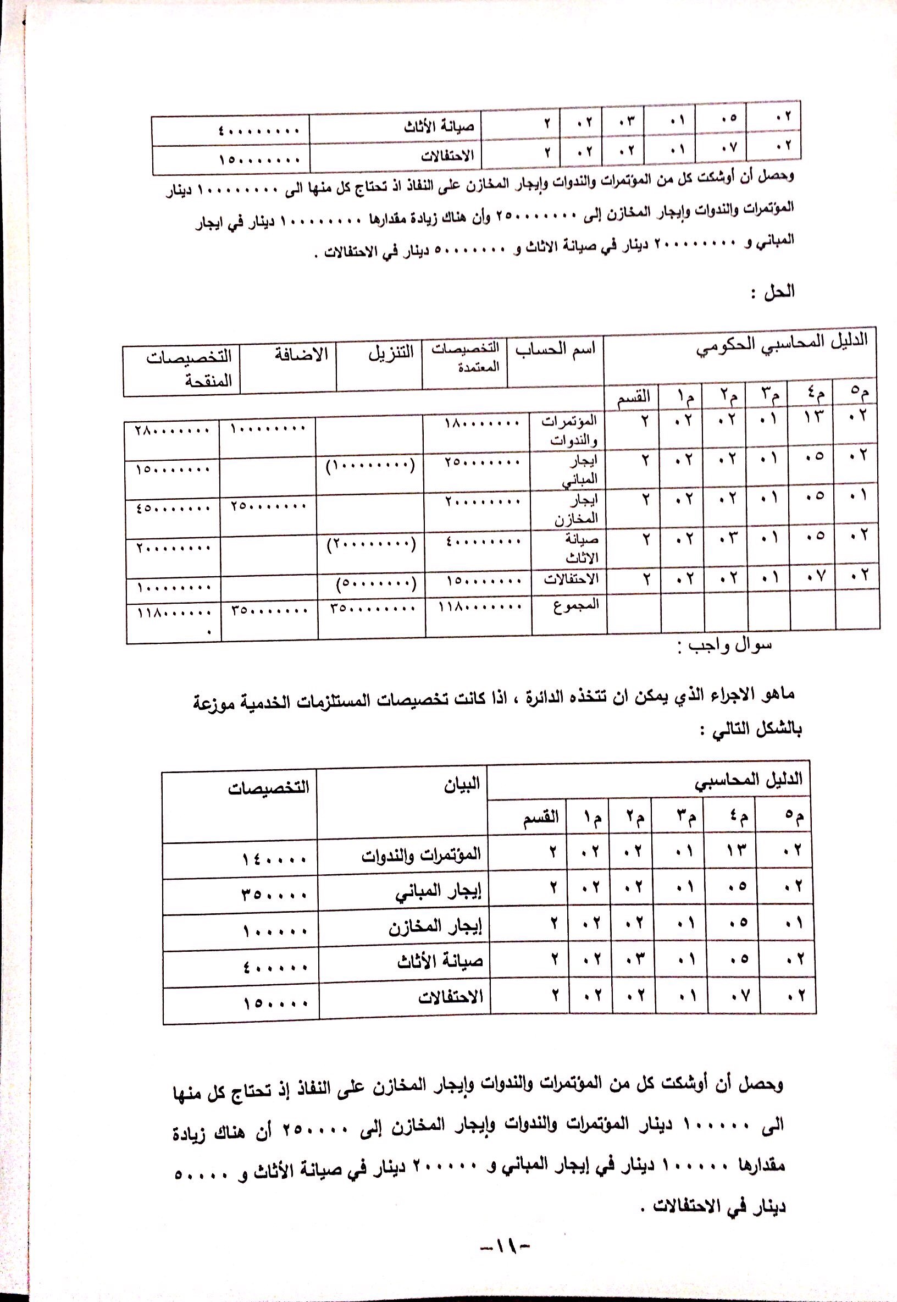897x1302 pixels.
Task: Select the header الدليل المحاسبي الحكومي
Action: (781, 344)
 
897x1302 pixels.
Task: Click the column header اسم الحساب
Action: (555, 349)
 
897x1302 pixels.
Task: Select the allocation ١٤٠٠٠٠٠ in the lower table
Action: (275, 859)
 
